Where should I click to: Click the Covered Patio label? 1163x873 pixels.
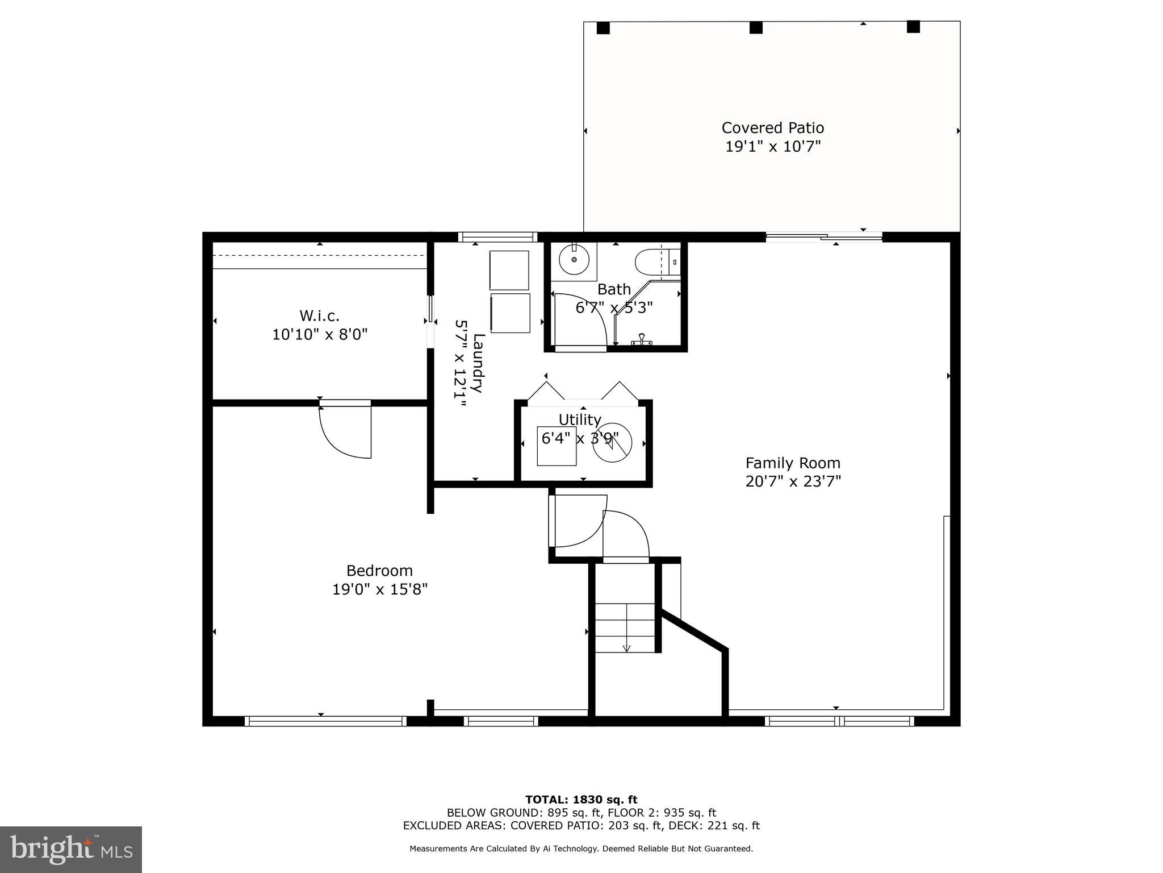(772, 128)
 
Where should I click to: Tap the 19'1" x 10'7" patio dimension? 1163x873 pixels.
(772, 147)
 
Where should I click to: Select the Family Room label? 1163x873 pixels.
(793, 463)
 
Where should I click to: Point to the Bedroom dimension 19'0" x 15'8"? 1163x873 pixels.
(379, 589)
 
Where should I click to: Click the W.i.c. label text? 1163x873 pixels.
(319, 315)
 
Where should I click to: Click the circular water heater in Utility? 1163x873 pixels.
(612, 443)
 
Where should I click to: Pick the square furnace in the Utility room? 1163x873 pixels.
(557, 446)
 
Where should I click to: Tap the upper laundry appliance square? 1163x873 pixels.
(509, 270)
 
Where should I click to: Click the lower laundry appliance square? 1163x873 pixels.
(510, 313)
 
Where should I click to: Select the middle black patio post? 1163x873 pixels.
(755, 28)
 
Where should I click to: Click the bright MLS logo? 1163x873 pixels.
(71, 849)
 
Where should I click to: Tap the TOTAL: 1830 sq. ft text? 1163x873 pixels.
(581, 800)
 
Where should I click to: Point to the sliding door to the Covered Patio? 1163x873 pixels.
(823, 237)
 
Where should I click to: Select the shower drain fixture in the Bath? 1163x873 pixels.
(642, 339)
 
